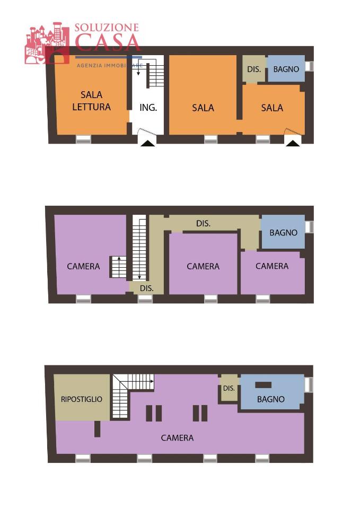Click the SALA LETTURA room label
coord(91,101)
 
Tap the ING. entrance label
coord(148,107)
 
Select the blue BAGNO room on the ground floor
coord(286,69)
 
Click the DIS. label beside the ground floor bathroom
coord(254,69)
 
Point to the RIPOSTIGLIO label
coord(82,399)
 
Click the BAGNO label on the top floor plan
coord(271,399)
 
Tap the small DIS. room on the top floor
coord(229,389)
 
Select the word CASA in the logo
coord(108,42)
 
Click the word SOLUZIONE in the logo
coord(107,28)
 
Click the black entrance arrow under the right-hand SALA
coord(293,142)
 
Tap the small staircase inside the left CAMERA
coord(118,267)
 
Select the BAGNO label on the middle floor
coord(283,233)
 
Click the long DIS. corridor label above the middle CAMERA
coord(203,224)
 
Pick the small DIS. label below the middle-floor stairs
coord(147,288)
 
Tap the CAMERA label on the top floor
coord(177,438)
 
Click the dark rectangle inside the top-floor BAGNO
coord(264,385)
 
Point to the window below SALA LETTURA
coord(83,139)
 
